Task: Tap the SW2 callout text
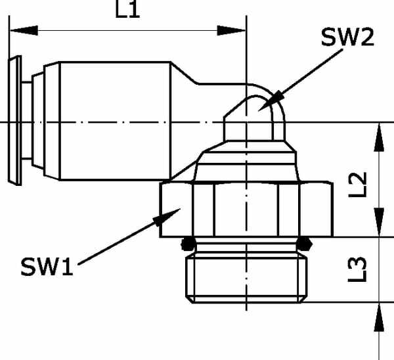click(347, 37)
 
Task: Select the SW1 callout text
click(47, 267)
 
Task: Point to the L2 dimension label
click(357, 185)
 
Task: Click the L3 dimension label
click(357, 269)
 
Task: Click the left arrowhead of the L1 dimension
click(24, 30)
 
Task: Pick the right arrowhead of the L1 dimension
click(231, 30)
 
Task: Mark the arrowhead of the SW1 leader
click(167, 217)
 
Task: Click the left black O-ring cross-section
click(188, 244)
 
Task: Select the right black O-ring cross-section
click(304, 244)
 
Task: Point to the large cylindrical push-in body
click(115, 121)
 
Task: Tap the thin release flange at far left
click(15, 121)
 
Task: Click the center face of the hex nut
click(246, 210)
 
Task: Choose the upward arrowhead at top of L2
click(379, 137)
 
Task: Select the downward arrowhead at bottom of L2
click(379, 222)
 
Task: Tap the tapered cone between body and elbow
click(185, 73)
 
